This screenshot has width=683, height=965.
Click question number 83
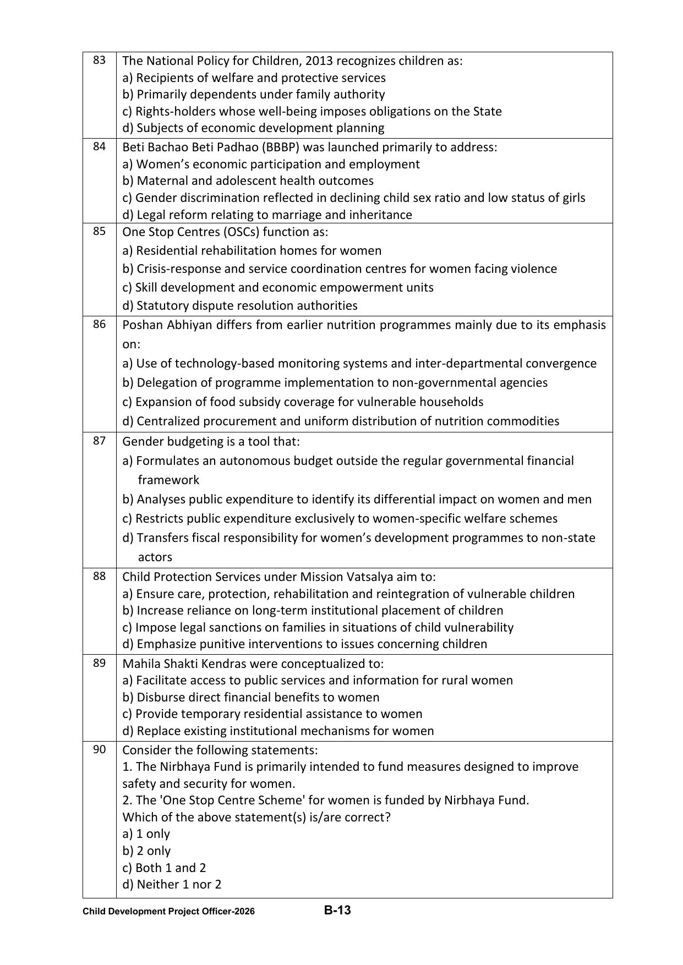99,60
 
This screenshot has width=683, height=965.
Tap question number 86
99,324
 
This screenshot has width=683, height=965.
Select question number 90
99,749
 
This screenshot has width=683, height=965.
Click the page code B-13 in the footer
337,910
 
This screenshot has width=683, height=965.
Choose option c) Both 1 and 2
163,868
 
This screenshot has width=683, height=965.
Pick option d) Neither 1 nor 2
171,884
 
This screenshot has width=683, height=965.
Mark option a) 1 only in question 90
146,834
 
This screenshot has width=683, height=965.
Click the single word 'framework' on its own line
168,480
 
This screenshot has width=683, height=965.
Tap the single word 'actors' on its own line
155,557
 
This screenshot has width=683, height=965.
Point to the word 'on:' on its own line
131,344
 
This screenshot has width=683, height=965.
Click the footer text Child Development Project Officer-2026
168,911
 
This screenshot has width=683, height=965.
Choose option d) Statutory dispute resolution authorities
239,305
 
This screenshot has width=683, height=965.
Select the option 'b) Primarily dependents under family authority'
253,94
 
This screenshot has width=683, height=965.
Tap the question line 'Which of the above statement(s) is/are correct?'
256,817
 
